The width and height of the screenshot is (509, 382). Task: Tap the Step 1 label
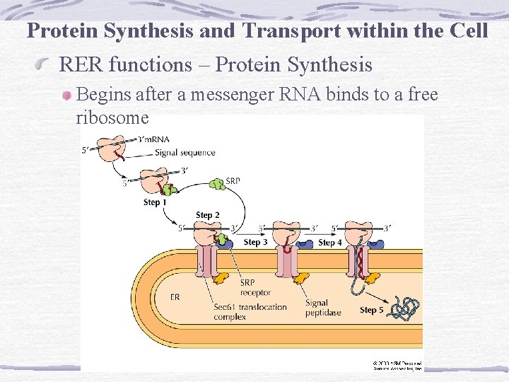click(x=156, y=202)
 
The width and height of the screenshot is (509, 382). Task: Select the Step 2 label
click(x=208, y=215)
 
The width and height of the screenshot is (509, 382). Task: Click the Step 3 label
click(x=255, y=242)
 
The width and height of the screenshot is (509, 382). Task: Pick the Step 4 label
click(x=330, y=242)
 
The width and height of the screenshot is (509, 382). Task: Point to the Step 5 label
click(x=372, y=310)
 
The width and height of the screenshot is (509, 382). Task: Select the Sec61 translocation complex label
click(x=250, y=312)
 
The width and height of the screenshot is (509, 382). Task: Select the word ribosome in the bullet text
click(x=112, y=118)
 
